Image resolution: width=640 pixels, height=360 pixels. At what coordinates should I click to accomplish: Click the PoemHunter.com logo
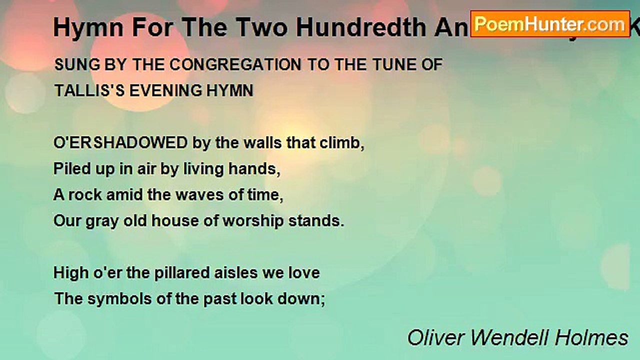coord(550,23)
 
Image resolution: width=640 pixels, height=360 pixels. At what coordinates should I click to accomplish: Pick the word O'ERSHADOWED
coord(120,143)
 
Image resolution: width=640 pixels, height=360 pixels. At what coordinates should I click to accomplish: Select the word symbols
coord(110,299)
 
